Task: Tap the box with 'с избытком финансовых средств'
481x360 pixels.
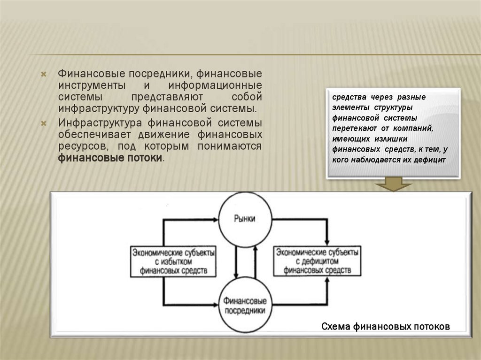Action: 173,261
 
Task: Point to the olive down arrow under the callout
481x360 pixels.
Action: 394,184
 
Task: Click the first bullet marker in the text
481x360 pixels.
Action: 43,75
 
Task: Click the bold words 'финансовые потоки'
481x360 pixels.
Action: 110,158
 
